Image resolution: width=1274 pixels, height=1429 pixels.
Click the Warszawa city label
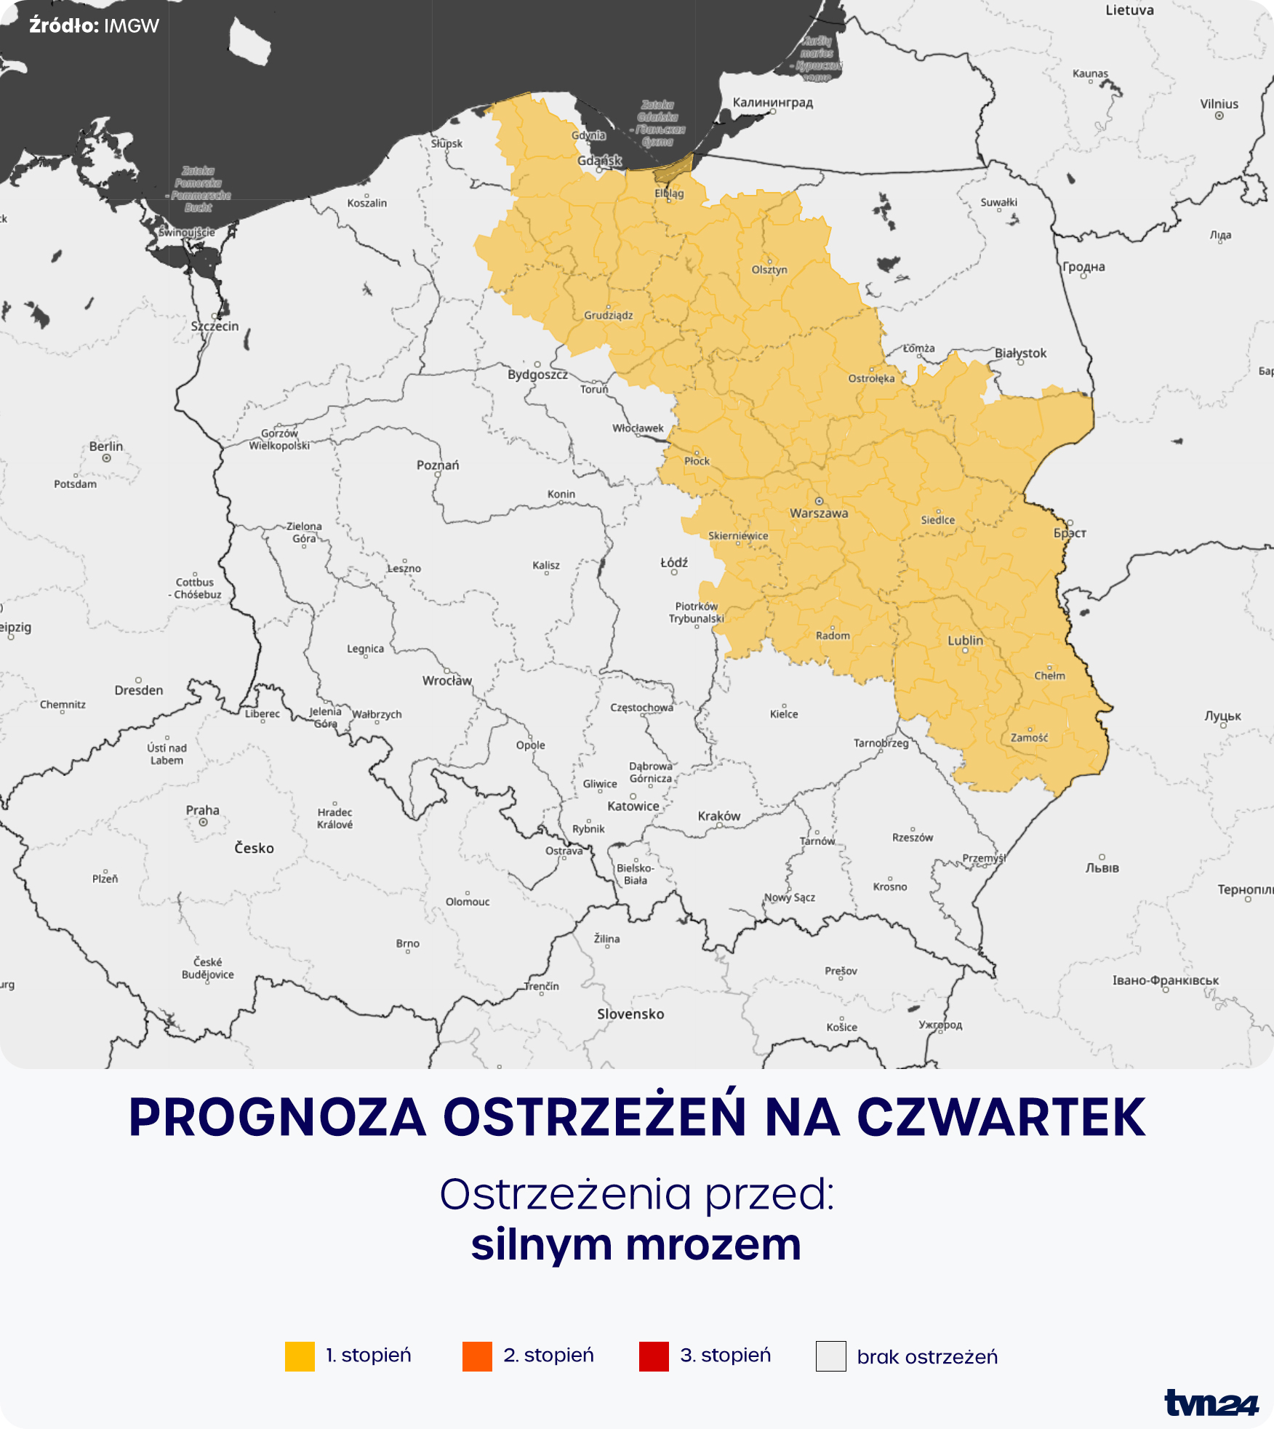point(819,513)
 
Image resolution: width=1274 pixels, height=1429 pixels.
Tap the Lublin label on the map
point(965,641)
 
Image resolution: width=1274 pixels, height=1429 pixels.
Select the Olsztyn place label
point(769,270)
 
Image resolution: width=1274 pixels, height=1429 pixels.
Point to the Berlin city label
point(106,447)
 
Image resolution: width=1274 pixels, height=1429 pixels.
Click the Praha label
point(202,810)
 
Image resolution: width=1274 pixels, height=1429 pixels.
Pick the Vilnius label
point(1219,104)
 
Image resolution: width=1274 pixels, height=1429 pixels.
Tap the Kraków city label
point(718,816)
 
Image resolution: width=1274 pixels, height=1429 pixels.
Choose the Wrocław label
point(447,681)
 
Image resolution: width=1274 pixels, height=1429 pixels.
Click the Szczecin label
point(215,327)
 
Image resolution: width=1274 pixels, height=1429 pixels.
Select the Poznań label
point(438,465)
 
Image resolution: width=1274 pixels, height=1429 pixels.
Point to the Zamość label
point(1030,737)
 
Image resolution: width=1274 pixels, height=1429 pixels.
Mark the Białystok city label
point(1020,353)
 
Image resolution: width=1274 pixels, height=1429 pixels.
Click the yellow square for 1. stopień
point(300,1356)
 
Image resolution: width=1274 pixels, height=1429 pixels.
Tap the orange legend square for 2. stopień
point(477,1356)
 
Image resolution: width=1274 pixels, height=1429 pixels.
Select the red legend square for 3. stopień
point(654,1356)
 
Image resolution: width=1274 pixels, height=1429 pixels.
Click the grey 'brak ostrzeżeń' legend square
point(830,1356)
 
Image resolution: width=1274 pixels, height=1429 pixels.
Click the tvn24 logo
point(1211,1403)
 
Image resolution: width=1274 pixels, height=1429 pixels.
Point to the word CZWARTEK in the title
point(1001,1117)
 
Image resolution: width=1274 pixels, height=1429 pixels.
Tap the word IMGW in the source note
point(132,26)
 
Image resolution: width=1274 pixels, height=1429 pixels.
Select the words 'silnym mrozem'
point(636,1244)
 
